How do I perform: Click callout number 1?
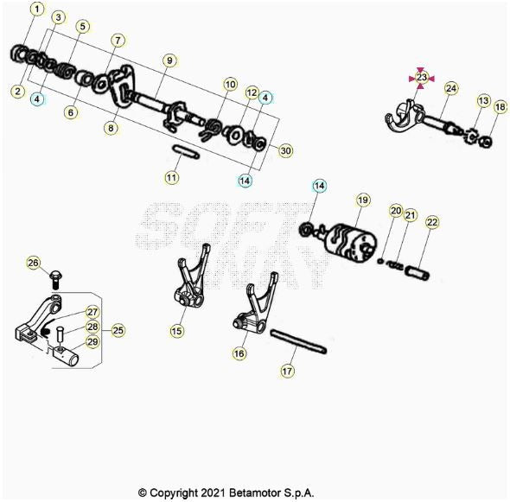37,10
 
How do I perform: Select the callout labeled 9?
169,60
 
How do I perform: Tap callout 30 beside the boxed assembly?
285,151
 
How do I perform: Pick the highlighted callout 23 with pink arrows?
422,78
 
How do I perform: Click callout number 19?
363,200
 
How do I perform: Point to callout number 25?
118,330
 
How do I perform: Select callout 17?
287,371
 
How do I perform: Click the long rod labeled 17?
298,340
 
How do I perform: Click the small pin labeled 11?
185,152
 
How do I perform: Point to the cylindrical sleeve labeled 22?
418,272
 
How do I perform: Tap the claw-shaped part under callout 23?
403,117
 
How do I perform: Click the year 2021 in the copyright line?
213,492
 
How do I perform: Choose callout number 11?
171,177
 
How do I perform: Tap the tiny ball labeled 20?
379,261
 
